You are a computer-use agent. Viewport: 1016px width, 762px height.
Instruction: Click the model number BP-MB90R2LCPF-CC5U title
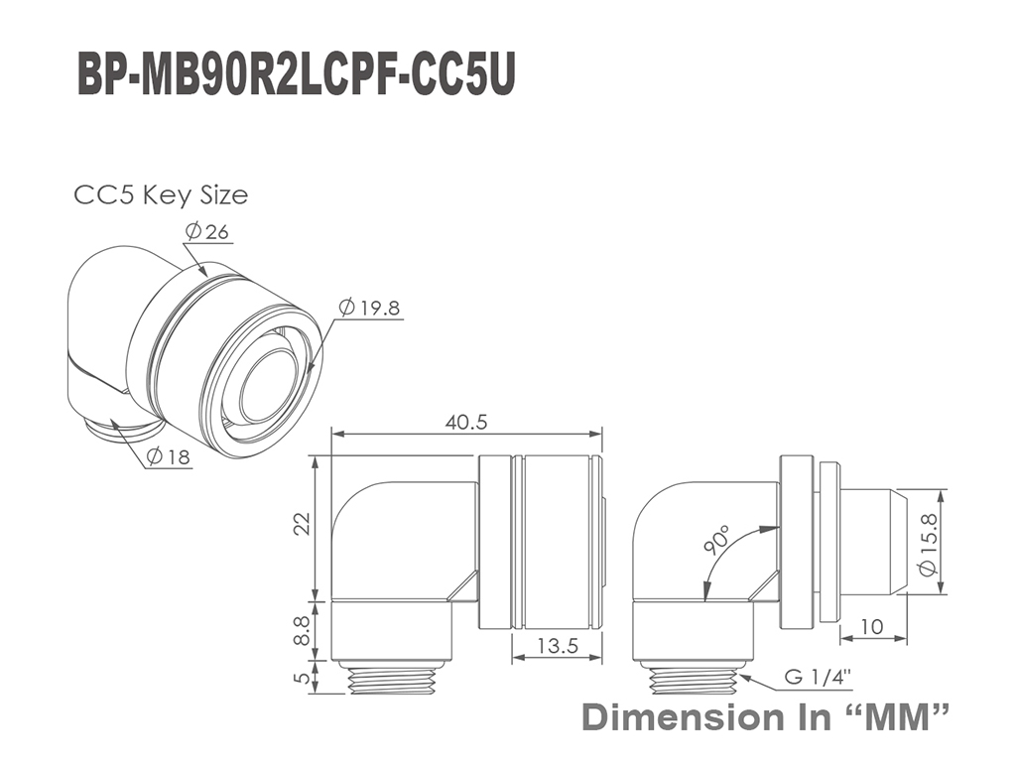296,75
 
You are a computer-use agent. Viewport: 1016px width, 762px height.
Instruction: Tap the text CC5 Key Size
161,194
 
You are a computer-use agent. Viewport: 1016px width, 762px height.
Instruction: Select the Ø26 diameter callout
206,231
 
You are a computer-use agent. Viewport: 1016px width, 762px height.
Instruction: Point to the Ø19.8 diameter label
369,308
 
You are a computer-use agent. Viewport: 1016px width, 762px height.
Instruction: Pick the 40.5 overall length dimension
466,422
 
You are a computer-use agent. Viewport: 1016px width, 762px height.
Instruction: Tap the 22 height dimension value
303,524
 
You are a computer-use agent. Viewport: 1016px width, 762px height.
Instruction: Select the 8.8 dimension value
303,630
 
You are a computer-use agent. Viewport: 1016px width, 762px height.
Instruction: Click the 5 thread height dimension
303,678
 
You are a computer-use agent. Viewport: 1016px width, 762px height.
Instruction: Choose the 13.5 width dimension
558,645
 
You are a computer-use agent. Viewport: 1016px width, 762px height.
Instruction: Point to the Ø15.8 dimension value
928,544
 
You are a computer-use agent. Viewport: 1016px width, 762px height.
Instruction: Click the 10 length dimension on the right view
872,627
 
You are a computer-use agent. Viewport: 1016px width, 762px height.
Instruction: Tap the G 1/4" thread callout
818,677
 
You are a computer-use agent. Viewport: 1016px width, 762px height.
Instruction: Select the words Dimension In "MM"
766,716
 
